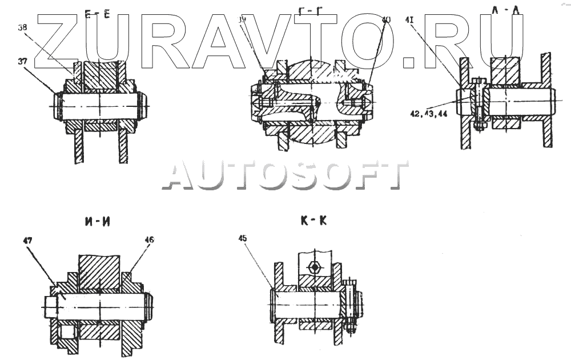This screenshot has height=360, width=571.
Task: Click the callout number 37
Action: tap(22, 62)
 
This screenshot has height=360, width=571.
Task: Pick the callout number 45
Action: tap(243, 239)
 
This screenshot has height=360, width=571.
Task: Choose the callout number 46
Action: tap(150, 241)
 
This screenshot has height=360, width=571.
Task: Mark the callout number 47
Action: tap(27, 241)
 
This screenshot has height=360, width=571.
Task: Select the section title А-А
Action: tap(504, 9)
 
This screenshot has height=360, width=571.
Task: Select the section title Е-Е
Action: tap(98, 14)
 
